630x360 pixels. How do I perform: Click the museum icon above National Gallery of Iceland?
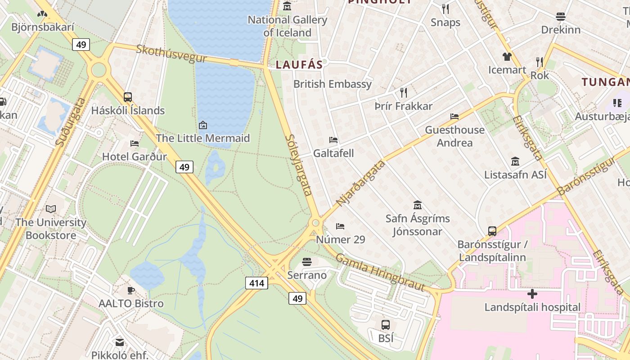[x=287, y=6]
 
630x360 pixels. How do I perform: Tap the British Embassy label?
[x=333, y=84]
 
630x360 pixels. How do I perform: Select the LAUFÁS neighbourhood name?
[x=299, y=65]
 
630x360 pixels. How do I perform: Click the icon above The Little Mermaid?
[x=203, y=125]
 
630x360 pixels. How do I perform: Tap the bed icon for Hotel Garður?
[x=135, y=144]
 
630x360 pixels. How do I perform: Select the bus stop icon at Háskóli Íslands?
[x=128, y=97]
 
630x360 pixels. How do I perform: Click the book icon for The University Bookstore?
[x=51, y=209]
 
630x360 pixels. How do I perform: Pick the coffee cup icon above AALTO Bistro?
[x=131, y=290]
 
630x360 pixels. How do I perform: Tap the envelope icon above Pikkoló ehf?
[x=120, y=342]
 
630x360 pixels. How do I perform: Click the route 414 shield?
[x=257, y=283]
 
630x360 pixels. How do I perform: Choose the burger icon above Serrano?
[x=307, y=261]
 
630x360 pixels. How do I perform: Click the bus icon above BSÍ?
[x=386, y=324]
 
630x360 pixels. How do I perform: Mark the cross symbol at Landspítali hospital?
[x=532, y=294]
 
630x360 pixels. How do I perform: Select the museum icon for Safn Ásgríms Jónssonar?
[x=417, y=205]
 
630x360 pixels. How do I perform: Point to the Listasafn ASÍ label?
[x=515, y=175]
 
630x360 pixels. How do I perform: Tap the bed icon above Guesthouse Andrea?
[x=454, y=117]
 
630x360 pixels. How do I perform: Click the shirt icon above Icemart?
[x=507, y=57]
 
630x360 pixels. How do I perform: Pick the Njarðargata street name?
[x=361, y=183]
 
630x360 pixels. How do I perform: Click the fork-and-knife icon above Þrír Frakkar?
[x=404, y=93]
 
